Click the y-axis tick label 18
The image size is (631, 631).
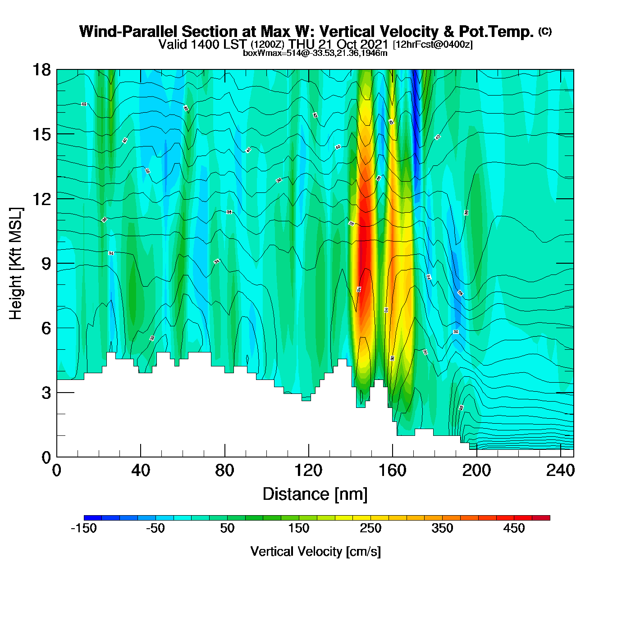(41, 70)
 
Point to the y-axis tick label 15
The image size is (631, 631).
(41, 134)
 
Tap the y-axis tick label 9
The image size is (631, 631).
(46, 264)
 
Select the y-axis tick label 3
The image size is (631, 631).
(46, 393)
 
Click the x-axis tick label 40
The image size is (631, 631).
(141, 471)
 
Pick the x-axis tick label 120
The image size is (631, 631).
(309, 471)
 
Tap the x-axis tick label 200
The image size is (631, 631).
(477, 471)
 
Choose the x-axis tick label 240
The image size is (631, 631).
(561, 471)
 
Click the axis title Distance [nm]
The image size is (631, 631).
(315, 494)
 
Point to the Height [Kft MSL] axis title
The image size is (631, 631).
(16, 264)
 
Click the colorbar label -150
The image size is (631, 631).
(84, 528)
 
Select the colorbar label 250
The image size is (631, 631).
(370, 528)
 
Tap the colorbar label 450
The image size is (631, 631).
(514, 528)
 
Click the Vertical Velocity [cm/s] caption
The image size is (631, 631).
(315, 551)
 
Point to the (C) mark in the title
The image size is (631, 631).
(545, 31)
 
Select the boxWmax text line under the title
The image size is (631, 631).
(315, 53)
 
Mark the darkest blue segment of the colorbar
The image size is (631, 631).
(93, 517)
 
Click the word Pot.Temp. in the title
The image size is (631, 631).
(496, 32)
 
